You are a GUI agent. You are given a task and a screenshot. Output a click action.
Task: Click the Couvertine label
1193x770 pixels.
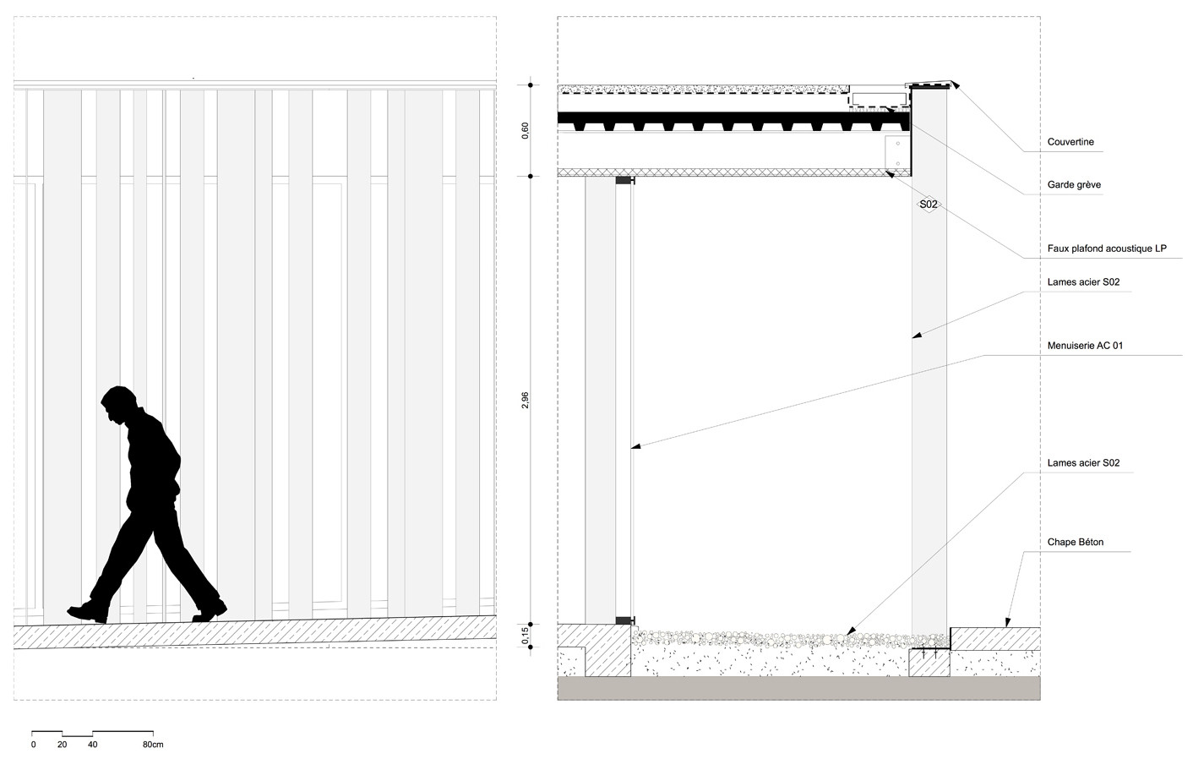1070,142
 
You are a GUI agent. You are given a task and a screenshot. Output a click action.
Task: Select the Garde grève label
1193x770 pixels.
1074,185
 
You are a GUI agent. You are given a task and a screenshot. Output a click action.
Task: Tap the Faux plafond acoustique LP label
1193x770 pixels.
1107,248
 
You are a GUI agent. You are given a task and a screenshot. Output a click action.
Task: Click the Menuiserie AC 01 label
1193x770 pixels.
1085,346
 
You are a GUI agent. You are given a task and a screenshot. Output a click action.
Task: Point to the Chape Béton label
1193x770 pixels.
1076,542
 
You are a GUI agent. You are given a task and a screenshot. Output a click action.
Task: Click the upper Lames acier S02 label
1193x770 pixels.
1083,282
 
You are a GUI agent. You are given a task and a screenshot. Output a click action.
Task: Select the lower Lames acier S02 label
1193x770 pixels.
1083,463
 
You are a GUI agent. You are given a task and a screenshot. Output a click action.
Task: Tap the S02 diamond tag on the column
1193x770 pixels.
929,204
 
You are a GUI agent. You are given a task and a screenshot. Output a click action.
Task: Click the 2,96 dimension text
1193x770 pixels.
526,400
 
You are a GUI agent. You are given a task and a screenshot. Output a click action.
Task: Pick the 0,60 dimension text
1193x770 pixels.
526,130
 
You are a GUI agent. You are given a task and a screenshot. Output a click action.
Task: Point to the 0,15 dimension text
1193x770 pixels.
526,636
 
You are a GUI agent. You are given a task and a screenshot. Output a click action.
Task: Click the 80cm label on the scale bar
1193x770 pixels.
153,745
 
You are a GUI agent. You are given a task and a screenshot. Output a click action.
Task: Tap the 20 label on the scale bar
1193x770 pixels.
63,745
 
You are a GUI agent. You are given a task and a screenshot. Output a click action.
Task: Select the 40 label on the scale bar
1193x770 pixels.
93,745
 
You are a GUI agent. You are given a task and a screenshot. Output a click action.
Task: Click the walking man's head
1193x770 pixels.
119,404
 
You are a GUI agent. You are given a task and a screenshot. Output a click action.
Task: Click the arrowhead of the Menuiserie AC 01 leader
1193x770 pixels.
636,446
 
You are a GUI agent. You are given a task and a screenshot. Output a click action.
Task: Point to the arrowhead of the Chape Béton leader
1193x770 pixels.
1007,622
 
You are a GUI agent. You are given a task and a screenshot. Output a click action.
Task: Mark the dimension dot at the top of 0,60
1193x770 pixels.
531,85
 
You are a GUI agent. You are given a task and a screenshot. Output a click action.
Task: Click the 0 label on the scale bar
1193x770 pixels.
33,745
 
